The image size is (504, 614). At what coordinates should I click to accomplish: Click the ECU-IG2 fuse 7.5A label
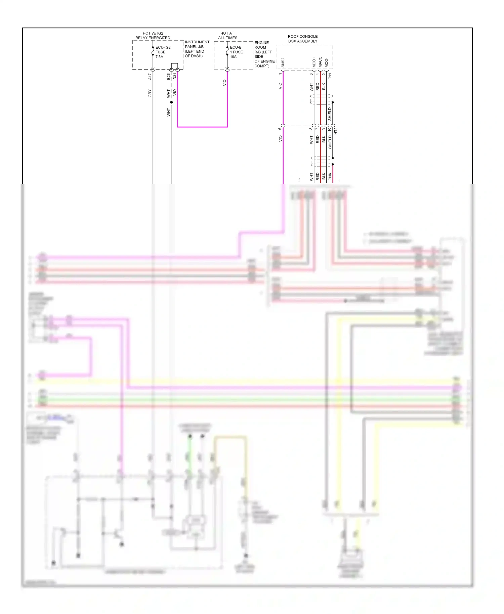pos(163,52)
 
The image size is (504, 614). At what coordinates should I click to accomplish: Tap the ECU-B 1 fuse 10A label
pos(236,52)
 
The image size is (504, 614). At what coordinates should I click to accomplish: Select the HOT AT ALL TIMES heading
pos(227,35)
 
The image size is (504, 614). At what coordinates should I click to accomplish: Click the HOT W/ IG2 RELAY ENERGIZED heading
pos(153,35)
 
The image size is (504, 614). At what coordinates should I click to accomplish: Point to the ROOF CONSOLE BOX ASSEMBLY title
pos(302,39)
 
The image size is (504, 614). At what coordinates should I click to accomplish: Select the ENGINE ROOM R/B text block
pos(264,54)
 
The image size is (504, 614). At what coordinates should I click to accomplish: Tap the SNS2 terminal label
pos(283,62)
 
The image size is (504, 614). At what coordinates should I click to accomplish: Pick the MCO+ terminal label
pos(314,62)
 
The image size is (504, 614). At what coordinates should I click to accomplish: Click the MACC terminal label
pos(320,62)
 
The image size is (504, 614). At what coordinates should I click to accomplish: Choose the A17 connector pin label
pos(150,77)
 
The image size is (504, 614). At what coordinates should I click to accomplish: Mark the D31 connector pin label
pos(175,76)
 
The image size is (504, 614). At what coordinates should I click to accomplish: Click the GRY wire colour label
pos(150,93)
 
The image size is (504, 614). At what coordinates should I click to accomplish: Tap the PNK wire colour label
pos(330,176)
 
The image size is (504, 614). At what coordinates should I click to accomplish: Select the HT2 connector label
pos(336,131)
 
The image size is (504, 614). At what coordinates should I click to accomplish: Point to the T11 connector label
pos(330,76)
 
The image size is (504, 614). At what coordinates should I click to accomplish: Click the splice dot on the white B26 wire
pos(171,102)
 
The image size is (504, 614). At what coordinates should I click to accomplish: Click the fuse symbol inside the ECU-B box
pos(227,51)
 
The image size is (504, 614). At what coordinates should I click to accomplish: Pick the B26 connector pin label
pos(168,76)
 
